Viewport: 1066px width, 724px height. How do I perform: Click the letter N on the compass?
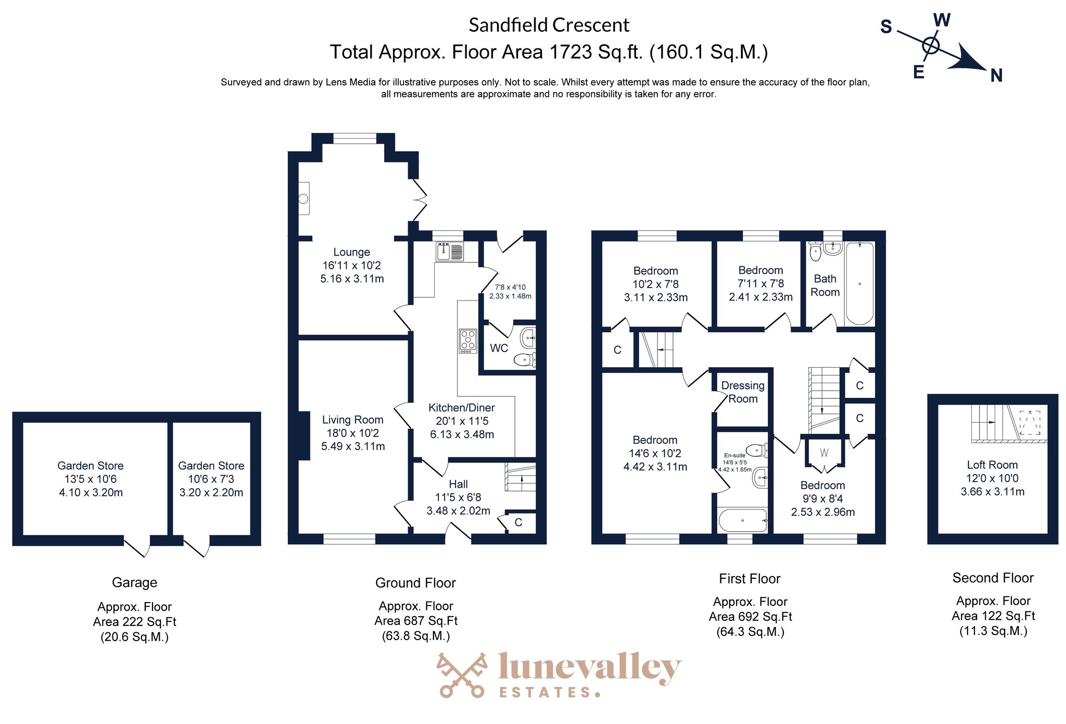point(996,76)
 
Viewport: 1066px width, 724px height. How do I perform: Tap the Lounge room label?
point(351,252)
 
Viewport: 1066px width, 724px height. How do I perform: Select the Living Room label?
point(352,420)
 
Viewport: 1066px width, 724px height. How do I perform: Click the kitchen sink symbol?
point(450,251)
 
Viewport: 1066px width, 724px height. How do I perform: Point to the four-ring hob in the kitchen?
point(467,341)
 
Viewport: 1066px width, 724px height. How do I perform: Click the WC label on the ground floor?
point(499,348)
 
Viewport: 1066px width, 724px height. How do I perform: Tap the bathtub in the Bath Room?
point(859,283)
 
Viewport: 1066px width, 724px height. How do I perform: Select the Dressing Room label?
point(743,392)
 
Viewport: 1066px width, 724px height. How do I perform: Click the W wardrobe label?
point(824,453)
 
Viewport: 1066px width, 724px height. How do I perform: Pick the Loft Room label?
point(992,465)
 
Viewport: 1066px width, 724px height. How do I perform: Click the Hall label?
point(458,484)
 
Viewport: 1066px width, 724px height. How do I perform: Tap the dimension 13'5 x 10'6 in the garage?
point(91,479)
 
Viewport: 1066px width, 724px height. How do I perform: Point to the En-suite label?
point(734,455)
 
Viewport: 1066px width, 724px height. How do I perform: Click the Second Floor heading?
point(993,578)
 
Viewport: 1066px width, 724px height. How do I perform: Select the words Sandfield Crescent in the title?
point(549,25)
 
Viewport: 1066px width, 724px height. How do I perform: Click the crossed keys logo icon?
point(462,675)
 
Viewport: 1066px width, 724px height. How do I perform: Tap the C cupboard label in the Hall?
point(518,522)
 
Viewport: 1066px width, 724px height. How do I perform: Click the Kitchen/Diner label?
point(462,408)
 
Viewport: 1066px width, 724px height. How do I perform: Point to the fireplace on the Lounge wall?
point(303,198)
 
